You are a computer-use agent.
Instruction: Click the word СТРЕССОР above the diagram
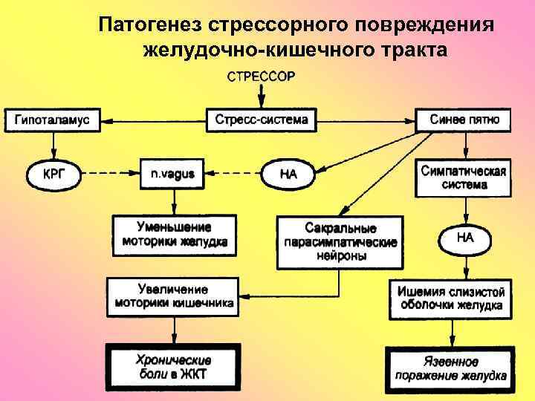[260, 76]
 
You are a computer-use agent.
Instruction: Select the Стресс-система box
[260, 119]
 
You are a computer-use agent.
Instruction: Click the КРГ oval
[52, 175]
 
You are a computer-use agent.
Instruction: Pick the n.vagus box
[172, 175]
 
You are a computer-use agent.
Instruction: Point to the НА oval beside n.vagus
[289, 175]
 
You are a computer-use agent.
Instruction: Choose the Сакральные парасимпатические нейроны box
[340, 241]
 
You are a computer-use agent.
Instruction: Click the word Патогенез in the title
[149, 24]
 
